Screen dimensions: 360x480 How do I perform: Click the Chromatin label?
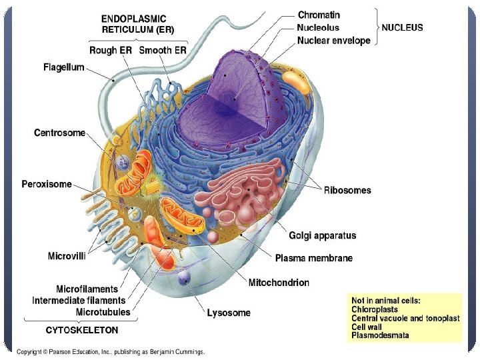[x=319, y=15]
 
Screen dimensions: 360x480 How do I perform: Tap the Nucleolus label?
[x=318, y=27]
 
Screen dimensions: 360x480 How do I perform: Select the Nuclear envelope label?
[x=333, y=41]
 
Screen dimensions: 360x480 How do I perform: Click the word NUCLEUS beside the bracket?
[x=402, y=28]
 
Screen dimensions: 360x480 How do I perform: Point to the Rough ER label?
[x=111, y=51]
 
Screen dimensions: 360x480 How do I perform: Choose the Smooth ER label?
[x=164, y=51]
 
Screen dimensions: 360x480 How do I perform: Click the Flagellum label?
[x=64, y=67]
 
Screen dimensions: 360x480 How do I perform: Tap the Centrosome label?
[x=60, y=133]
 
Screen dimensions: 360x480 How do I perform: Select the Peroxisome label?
[x=47, y=184]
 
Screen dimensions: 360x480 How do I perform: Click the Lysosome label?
[x=229, y=312]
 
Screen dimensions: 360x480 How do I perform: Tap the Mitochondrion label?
[x=279, y=283]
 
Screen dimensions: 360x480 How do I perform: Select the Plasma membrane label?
[x=314, y=258]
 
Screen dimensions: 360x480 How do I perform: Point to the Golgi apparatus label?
[x=322, y=235]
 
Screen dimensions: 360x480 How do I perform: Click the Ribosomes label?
[x=347, y=190]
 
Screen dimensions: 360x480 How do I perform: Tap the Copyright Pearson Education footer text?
[x=111, y=351]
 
